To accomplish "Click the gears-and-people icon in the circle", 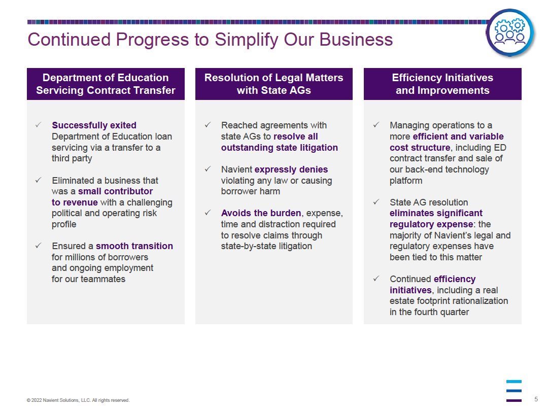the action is [510, 32].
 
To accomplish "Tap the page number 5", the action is [536, 399].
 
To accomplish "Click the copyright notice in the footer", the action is [78, 400].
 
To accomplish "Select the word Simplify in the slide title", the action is [247, 40].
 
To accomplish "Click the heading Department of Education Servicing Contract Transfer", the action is [106, 84].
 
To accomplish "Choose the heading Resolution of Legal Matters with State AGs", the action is [273, 84].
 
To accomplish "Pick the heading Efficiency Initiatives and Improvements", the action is [442, 84].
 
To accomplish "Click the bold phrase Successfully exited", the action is [94, 125].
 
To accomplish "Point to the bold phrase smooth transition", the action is [134, 246].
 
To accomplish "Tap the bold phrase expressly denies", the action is [291, 169].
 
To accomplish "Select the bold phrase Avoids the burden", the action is [261, 213].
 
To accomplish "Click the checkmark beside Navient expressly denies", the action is [208, 169].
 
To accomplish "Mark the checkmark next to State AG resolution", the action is [376, 202].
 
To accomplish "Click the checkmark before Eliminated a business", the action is [38, 180].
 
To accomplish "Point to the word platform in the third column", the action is [406, 181].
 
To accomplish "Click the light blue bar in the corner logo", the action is [513, 382].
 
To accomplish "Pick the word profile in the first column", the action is [64, 224].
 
